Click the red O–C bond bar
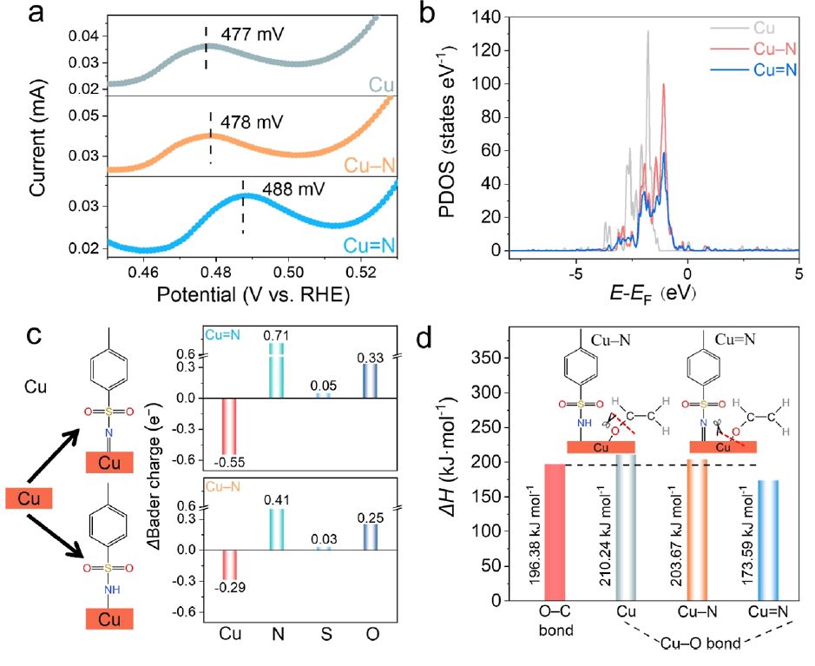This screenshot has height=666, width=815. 556,531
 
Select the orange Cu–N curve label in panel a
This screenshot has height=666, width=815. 369,164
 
